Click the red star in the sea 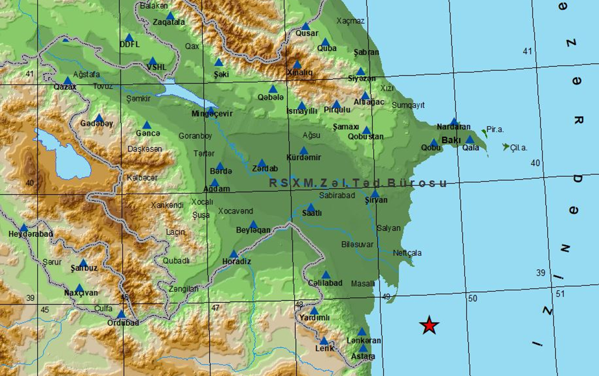tap(429, 325)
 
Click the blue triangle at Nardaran tap(454, 122)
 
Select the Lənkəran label tap(364, 340)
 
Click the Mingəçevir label tap(212, 114)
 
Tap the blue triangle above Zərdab tap(262, 163)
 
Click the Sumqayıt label tap(408, 105)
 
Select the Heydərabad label tap(31, 234)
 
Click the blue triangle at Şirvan tap(375, 194)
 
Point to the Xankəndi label tap(167, 205)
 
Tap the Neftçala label tap(407, 253)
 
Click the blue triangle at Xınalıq tap(297, 64)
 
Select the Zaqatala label tap(169, 22)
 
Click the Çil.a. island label tap(519, 148)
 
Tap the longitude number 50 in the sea tap(473, 298)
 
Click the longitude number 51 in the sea tap(560, 294)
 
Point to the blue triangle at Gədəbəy tap(99, 118)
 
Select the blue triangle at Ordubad tap(121, 314)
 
